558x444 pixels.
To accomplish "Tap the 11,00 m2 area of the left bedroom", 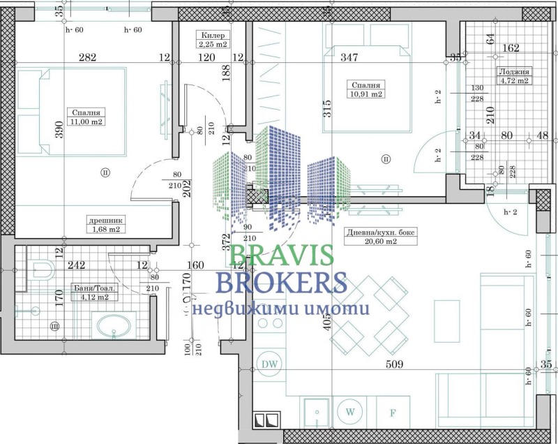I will pyautogui.click(x=87, y=121).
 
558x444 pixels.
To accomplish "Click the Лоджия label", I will pyautogui.click(x=513, y=72).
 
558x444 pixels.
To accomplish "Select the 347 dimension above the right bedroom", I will pyautogui.click(x=349, y=58).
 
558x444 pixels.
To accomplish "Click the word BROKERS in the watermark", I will pyautogui.click(x=282, y=283).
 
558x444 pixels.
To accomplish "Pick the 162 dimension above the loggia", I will pyautogui.click(x=511, y=48).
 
